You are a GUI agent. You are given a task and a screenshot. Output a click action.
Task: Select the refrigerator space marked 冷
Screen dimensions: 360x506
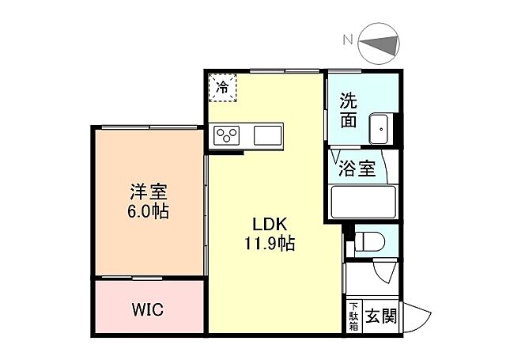click(224, 87)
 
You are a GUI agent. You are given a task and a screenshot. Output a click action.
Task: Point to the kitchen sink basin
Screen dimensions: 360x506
click(267, 135)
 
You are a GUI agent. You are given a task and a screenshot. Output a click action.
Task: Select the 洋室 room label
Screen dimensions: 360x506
click(148, 191)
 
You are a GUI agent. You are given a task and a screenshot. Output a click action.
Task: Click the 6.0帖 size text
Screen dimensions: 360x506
click(148, 211)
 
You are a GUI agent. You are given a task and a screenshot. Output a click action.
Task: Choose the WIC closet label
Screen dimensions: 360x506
click(147, 309)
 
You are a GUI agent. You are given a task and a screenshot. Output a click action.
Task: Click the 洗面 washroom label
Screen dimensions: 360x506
click(349, 112)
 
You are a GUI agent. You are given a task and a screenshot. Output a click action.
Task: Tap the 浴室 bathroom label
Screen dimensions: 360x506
click(357, 169)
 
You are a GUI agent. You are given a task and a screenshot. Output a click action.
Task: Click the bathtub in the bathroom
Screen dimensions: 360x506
click(363, 202)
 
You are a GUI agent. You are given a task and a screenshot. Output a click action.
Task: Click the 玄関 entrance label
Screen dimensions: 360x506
click(381, 316)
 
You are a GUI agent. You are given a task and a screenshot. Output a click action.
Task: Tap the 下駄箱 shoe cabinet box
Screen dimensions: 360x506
click(353, 316)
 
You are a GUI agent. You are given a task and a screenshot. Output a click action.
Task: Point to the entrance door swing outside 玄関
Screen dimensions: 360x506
click(415, 320)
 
